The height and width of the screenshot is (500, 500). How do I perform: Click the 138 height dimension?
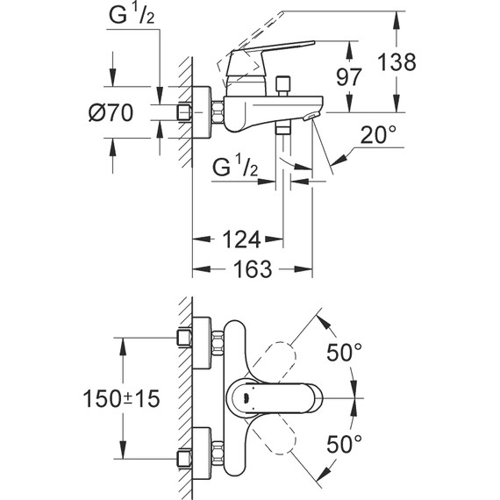pyautogui.click(x=396, y=62)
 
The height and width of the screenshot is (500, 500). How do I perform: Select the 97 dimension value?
pyautogui.click(x=349, y=77)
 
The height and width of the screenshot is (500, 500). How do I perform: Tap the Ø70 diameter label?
pyautogui.click(x=111, y=112)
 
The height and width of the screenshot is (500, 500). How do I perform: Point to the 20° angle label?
pyautogui.click(x=378, y=134)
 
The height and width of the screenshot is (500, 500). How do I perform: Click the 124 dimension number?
pyautogui.click(x=241, y=239)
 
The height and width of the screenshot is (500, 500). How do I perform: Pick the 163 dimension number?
pyautogui.click(x=253, y=268)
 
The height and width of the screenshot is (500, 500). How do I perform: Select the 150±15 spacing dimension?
pyautogui.click(x=121, y=398)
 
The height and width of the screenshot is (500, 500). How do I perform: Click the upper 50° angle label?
pyautogui.click(x=345, y=352)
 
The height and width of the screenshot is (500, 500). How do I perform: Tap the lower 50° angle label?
pyautogui.click(x=345, y=444)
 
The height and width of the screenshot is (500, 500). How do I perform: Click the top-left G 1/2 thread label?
pyautogui.click(x=132, y=15)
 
